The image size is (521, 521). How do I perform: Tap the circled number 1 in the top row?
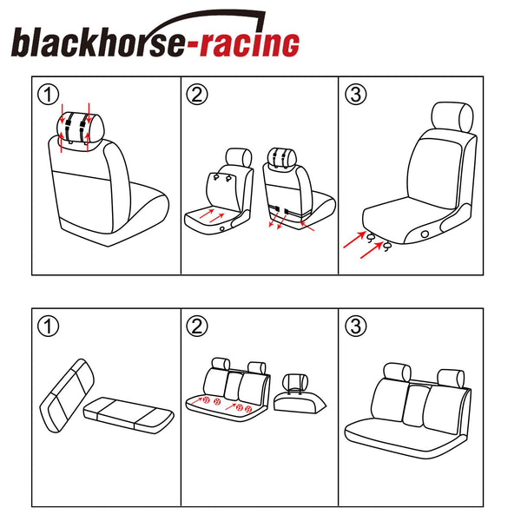point(48,95)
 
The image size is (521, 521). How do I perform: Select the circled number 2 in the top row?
point(197,95)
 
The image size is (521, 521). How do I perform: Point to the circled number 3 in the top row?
point(356,95)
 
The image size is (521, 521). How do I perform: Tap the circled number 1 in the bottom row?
point(48,326)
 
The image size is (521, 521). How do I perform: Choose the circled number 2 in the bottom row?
point(197,326)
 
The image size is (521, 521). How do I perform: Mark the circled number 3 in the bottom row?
point(356,326)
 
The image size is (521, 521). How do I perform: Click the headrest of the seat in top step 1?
point(81,128)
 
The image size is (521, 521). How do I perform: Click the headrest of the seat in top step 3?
point(452,117)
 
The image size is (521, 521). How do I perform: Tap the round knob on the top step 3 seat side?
point(425,234)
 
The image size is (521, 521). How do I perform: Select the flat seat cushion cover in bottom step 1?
point(129,415)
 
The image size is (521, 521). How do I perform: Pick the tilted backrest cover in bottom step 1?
point(67,395)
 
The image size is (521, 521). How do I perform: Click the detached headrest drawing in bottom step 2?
point(300,394)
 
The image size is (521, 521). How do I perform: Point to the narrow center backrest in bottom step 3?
point(416,406)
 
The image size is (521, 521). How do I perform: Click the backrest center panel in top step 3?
point(436,173)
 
